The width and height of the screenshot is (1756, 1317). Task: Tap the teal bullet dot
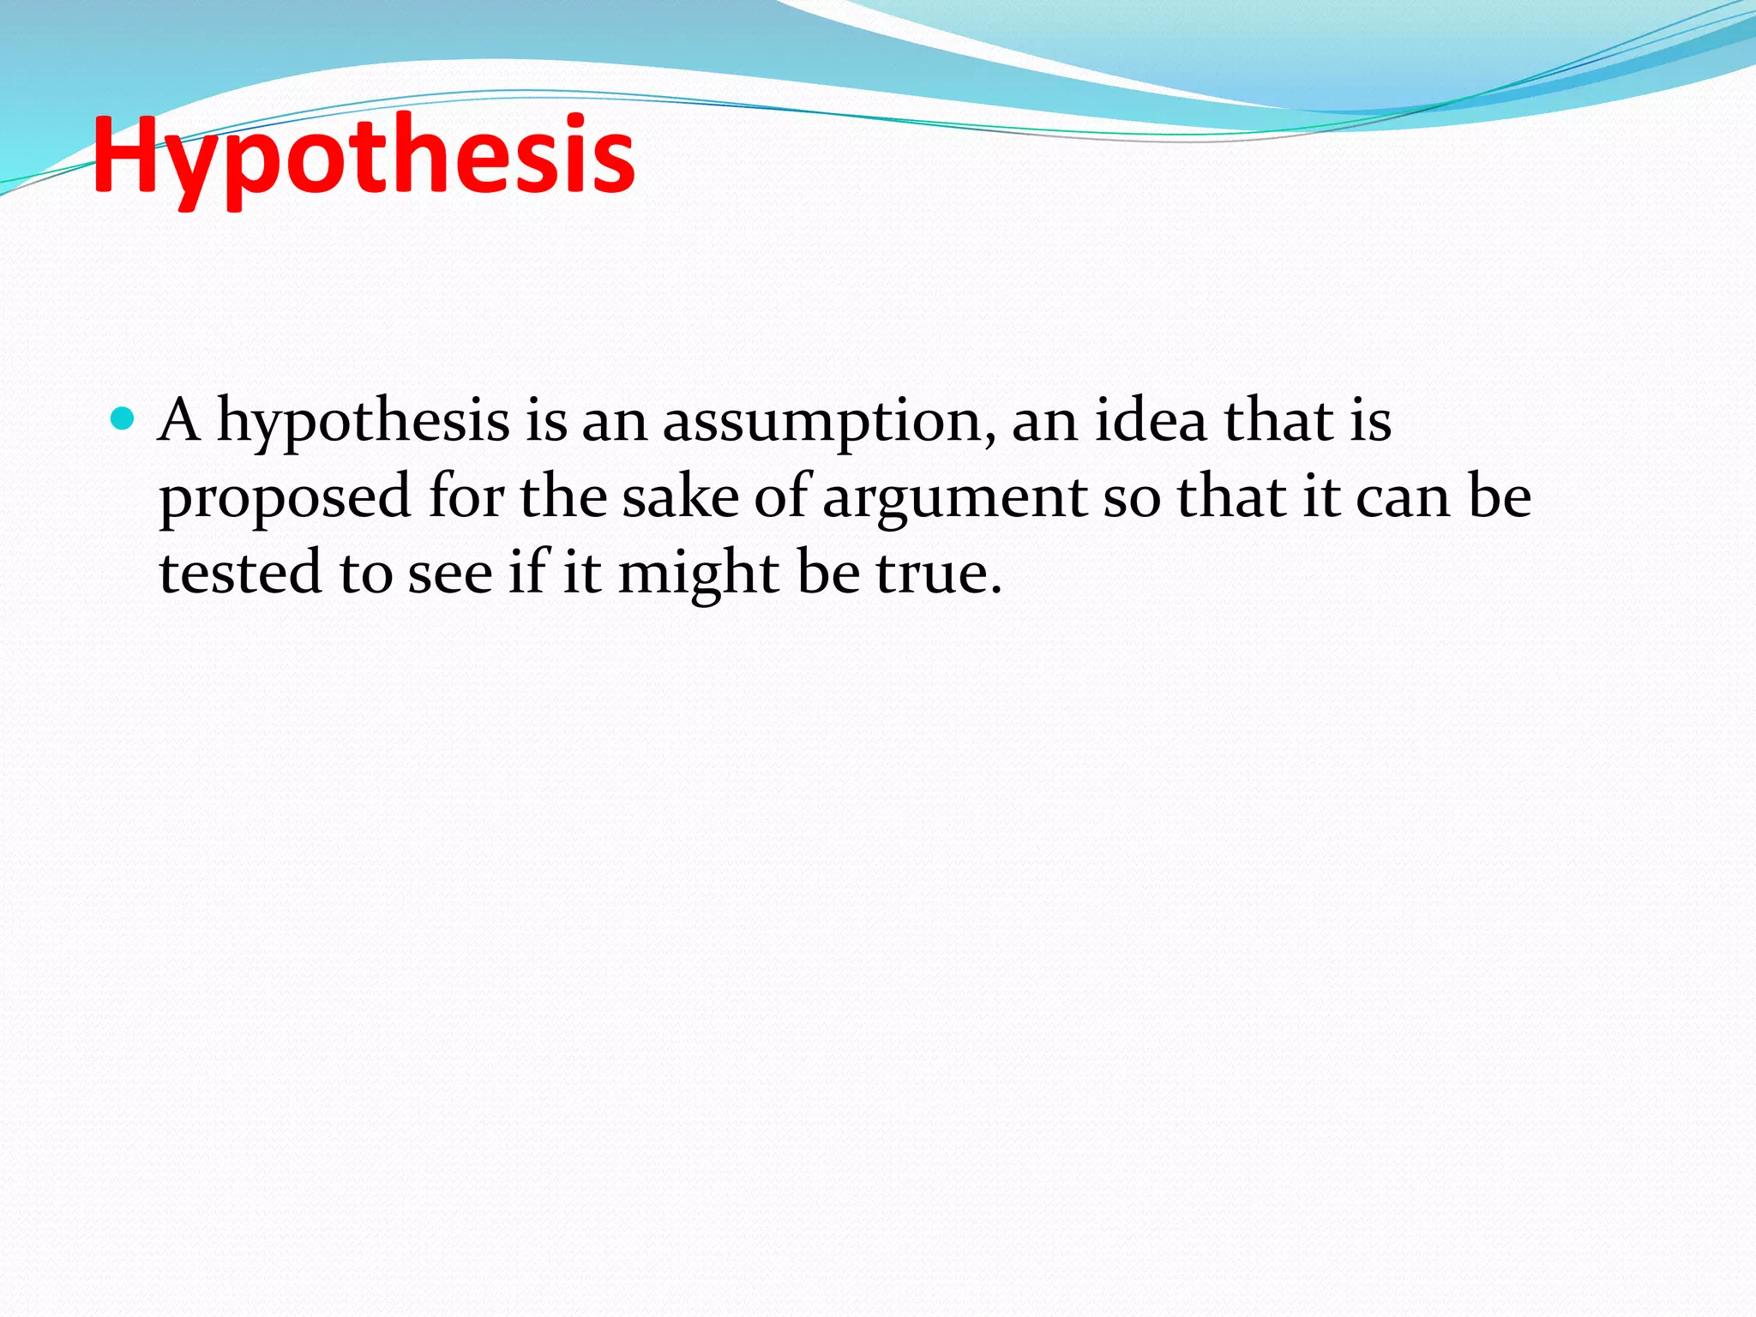click(x=123, y=419)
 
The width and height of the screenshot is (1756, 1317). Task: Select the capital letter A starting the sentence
click(x=179, y=420)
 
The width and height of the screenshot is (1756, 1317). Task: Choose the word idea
click(x=1151, y=420)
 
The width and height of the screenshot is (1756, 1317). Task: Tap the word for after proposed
click(x=466, y=496)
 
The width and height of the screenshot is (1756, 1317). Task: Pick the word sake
click(x=680, y=496)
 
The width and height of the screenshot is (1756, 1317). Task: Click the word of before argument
click(x=781, y=496)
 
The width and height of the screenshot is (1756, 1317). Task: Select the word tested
click(x=241, y=572)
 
